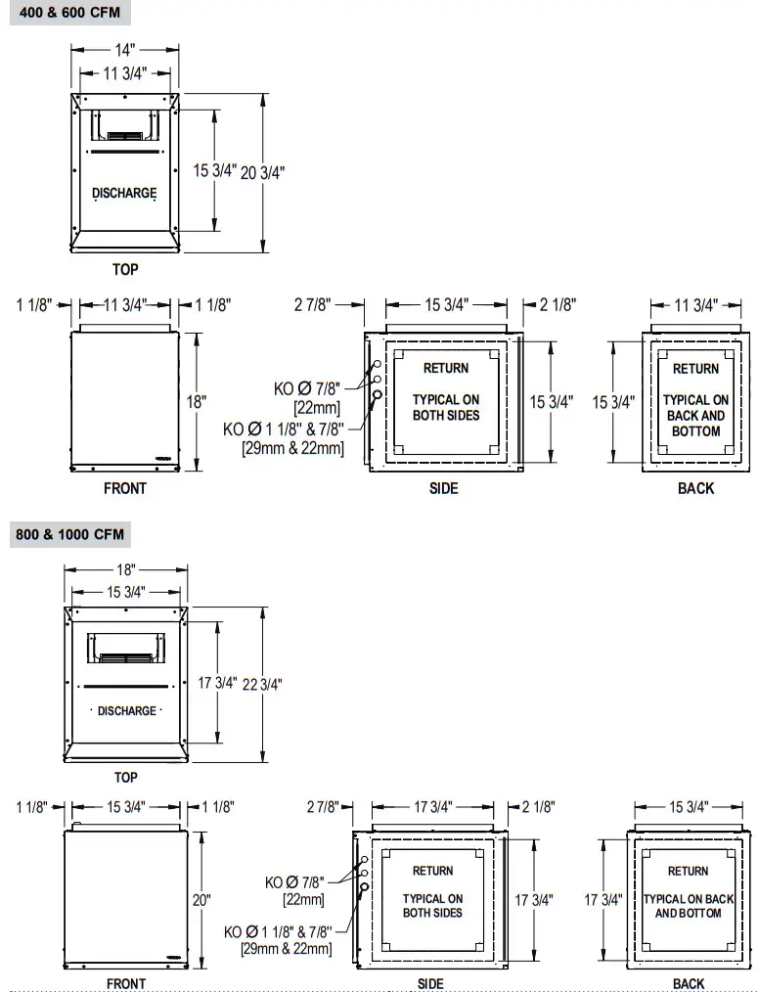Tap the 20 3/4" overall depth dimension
click(262, 171)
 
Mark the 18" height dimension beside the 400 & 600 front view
click(197, 401)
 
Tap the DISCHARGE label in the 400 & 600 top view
click(124, 193)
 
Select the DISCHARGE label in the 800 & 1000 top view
click(127, 711)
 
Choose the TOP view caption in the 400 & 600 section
click(125, 269)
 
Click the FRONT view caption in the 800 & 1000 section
click(125, 983)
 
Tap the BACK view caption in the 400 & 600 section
click(695, 488)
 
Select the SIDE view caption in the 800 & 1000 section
click(430, 983)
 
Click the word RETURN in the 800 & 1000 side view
click(432, 871)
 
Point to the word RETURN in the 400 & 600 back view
click(695, 369)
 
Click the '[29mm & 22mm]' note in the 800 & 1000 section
click(286, 949)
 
